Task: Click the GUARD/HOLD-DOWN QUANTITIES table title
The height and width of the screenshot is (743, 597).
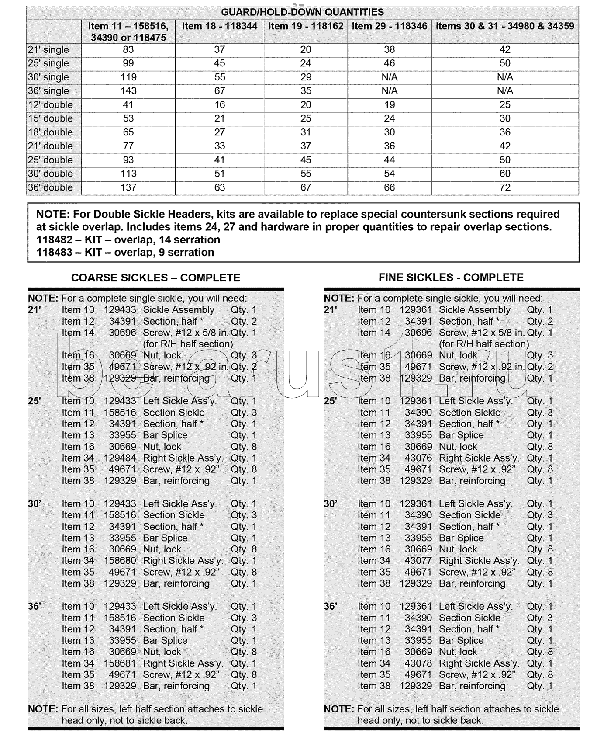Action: pos(302,12)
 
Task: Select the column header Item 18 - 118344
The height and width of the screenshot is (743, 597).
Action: pos(220,26)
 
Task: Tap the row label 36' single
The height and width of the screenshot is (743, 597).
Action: pos(48,91)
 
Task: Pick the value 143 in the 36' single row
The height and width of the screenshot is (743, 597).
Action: pos(128,91)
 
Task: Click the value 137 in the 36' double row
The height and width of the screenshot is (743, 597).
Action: pos(128,187)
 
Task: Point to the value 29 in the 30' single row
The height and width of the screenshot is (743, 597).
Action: pos(306,77)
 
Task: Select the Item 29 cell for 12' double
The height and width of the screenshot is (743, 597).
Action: pos(389,105)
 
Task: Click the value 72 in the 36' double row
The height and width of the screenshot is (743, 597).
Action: pos(505,187)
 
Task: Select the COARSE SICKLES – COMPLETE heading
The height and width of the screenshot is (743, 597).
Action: pos(155,278)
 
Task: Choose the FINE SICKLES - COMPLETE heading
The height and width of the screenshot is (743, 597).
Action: pos(451,278)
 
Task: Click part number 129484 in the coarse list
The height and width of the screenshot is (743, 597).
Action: pos(120,458)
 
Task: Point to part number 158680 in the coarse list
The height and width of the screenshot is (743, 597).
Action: pos(120,561)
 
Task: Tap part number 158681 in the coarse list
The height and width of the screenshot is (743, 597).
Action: pos(120,663)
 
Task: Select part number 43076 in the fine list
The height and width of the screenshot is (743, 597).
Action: pos(418,458)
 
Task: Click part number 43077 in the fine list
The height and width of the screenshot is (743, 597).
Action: pos(418,561)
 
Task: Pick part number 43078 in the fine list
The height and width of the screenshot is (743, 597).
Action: pos(418,663)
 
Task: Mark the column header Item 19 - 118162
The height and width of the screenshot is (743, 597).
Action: pos(306,26)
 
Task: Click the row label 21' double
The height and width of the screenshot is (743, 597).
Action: pos(50,146)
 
